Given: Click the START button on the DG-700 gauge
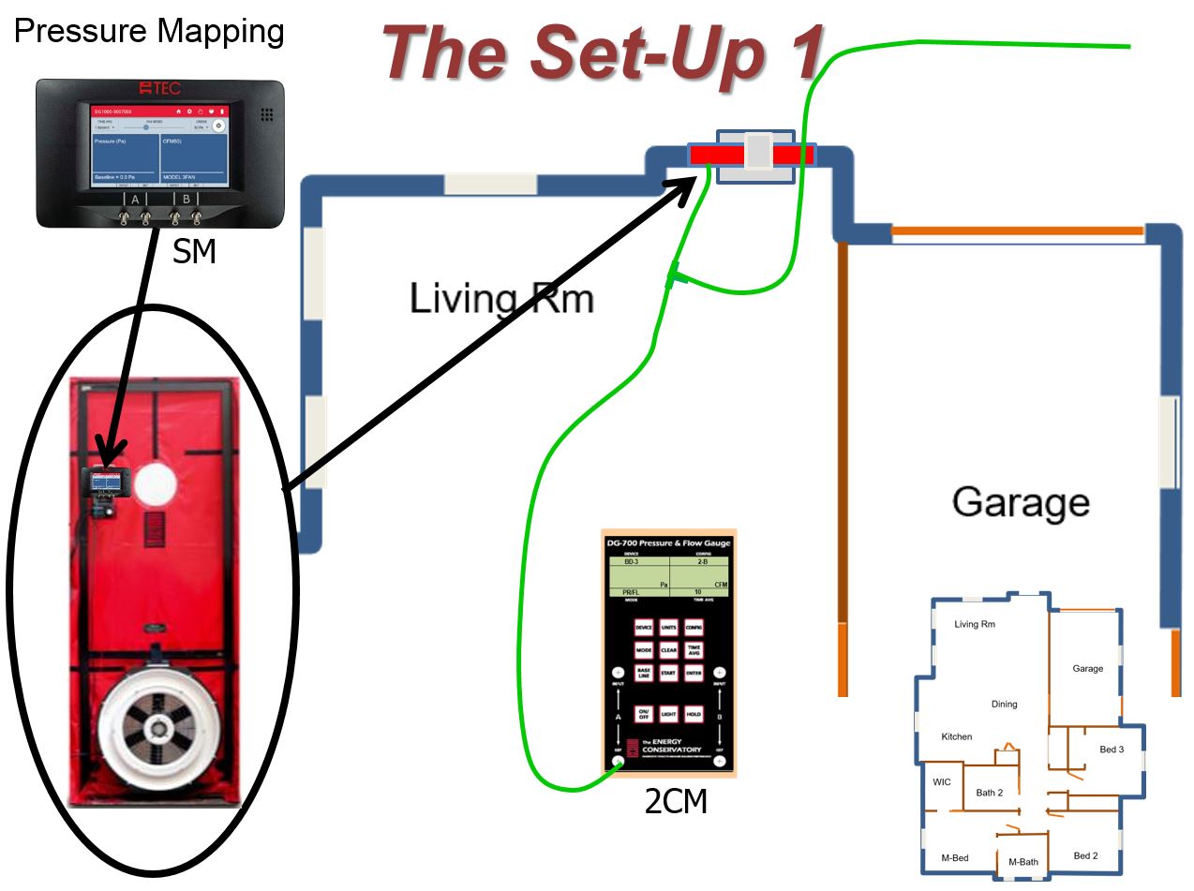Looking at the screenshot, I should [x=668, y=673].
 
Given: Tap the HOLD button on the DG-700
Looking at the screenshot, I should [x=694, y=714].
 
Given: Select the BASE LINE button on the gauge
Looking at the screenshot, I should [x=644, y=673].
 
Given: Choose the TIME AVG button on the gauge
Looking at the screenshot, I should [x=694, y=649].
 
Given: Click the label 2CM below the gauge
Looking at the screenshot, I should [x=675, y=801].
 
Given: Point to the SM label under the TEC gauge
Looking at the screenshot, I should [x=194, y=251].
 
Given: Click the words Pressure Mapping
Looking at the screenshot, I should [x=149, y=31].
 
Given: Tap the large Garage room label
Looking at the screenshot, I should [x=1021, y=502].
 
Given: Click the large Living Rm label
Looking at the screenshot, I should [x=501, y=298].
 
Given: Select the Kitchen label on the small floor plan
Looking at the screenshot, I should [x=957, y=736].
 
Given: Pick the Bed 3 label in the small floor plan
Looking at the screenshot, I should [x=1111, y=750].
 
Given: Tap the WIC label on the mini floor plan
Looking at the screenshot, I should [x=941, y=781].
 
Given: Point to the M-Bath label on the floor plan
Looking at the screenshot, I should [x=1022, y=861].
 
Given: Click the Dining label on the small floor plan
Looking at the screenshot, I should [x=1004, y=704].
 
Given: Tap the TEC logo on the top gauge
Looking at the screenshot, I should [x=158, y=88].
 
